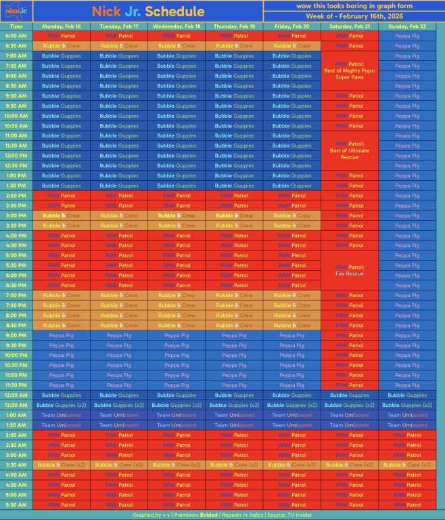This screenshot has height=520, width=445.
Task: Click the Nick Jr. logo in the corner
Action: (16, 11)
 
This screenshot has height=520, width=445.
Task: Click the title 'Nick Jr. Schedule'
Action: (147, 12)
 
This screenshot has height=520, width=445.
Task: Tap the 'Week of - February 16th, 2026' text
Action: (354, 16)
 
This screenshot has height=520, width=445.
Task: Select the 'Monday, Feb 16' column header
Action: (62, 26)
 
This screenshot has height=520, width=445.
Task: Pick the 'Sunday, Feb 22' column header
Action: (406, 26)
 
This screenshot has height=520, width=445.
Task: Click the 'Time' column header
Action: (16, 26)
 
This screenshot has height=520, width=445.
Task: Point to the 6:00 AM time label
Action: (16, 36)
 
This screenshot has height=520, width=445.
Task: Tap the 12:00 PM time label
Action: (16, 156)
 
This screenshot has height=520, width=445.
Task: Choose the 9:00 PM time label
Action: (16, 335)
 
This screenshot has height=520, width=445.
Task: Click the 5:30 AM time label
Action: (16, 505)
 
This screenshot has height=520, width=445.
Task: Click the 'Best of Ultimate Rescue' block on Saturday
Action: (349, 151)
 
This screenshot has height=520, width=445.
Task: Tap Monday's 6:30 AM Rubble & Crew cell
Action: (62, 46)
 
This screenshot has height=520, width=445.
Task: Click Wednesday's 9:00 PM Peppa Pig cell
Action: (177, 335)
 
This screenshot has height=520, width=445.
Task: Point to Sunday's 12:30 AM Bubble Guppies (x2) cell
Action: (406, 405)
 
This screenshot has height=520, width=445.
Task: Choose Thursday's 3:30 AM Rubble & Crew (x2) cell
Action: (234, 465)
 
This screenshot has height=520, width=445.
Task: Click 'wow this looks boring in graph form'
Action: (354, 5)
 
